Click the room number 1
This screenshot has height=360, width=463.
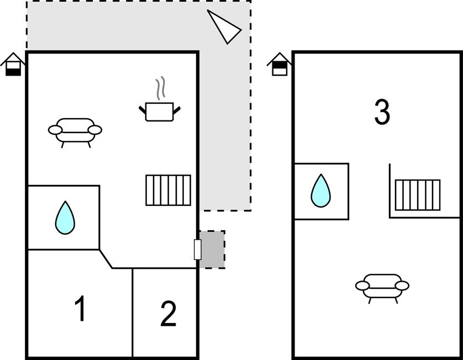pyautogui.click(x=81, y=309)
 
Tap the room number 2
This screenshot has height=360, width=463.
pyautogui.click(x=168, y=314)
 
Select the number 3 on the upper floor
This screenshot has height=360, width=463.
pyautogui.click(x=382, y=112)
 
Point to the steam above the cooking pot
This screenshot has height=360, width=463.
pyautogui.click(x=160, y=90)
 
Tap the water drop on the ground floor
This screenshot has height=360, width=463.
pyautogui.click(x=65, y=218)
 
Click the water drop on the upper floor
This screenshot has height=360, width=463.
pyautogui.click(x=320, y=191)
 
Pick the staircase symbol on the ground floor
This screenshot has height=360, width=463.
pyautogui.click(x=169, y=190)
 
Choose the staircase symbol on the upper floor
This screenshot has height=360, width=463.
pyautogui.click(x=418, y=195)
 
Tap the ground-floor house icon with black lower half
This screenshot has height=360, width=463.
pyautogui.click(x=13, y=65)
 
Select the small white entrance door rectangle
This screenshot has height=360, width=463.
pyautogui.click(x=197, y=250)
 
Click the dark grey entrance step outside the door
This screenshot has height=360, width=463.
pyautogui.click(x=213, y=250)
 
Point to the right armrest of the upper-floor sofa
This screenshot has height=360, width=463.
pyautogui.click(x=403, y=285)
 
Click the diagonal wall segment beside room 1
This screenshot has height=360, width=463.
pyautogui.click(x=106, y=259)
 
